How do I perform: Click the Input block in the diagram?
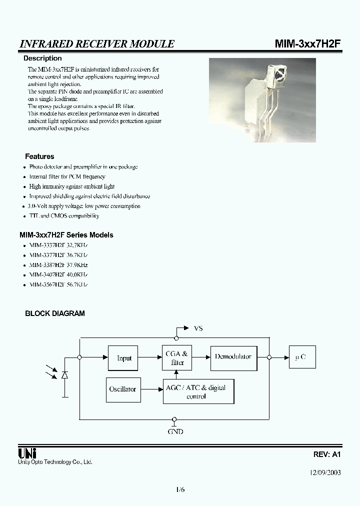tap(123, 358)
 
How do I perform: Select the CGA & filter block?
tap(177, 358)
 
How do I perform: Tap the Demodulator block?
tap(233, 357)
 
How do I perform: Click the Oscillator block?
tap(122, 389)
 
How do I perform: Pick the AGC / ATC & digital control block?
tap(198, 391)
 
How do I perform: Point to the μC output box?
tap(302, 357)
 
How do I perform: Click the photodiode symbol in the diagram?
tap(64, 374)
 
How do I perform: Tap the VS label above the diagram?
tap(198, 328)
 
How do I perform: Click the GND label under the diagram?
tap(175, 431)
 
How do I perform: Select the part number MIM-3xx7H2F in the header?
tap(308, 44)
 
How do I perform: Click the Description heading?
tap(42, 58)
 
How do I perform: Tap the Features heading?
tap(39, 156)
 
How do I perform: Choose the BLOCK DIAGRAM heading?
tap(55, 313)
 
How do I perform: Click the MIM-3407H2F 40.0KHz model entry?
tap(58, 274)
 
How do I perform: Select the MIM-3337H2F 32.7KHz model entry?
tap(58, 245)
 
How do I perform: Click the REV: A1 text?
tap(327, 454)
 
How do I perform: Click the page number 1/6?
tap(180, 489)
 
